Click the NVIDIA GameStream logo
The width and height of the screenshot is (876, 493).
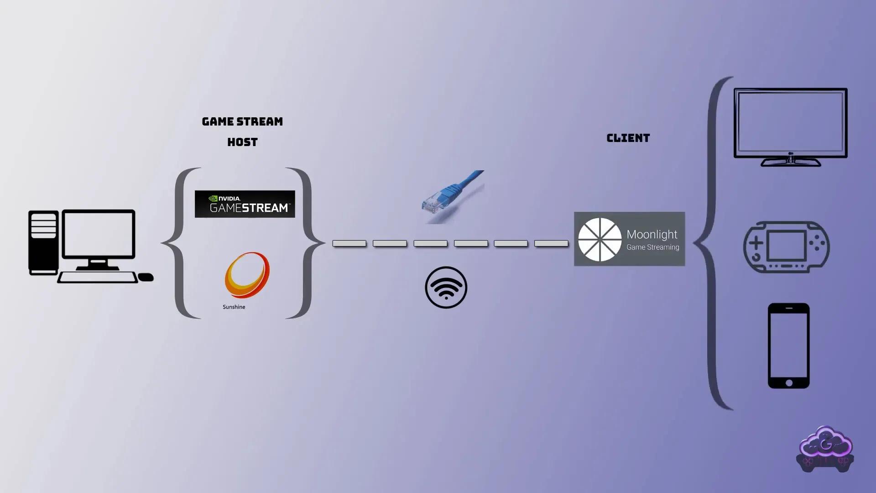coord(245,204)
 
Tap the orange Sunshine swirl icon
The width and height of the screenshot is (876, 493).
coord(247,275)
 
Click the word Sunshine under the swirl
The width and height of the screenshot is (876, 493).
coord(234,307)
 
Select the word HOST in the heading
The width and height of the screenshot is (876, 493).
coord(242,142)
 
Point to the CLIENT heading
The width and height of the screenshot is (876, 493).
coord(628,138)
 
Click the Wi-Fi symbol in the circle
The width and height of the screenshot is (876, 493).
coord(446,288)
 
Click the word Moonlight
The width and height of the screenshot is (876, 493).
coord(652,235)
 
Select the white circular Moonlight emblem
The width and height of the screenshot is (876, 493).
coord(600,239)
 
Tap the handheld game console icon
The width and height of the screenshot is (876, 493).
coord(786,247)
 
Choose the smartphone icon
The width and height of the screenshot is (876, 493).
coord(788,346)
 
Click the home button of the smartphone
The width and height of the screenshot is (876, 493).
coord(789,383)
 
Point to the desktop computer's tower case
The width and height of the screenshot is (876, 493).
coord(43,242)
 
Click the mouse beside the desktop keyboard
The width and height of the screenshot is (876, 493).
coord(146,277)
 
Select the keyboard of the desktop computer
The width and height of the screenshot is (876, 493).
coord(97,277)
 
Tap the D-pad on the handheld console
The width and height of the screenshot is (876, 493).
coord(756,242)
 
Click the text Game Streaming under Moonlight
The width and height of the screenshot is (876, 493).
coord(652,247)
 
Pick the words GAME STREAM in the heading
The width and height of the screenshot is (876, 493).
coord(242,122)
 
